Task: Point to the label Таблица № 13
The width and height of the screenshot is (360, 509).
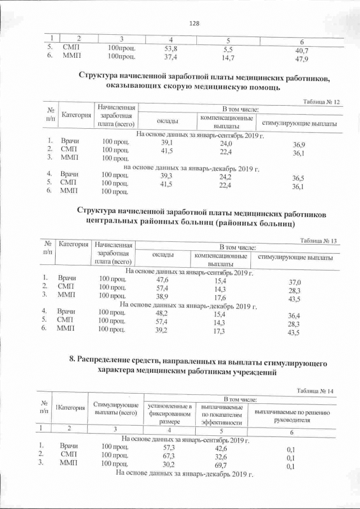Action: pos(318,241)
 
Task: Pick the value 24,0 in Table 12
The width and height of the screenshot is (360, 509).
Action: pos(226,144)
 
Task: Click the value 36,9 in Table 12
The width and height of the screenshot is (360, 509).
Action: pos(299,146)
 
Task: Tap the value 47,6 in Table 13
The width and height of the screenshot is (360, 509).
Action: pos(163,280)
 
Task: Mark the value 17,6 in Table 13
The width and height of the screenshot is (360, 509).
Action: pos(220,298)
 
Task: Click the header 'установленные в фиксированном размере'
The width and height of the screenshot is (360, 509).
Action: pos(169,414)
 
